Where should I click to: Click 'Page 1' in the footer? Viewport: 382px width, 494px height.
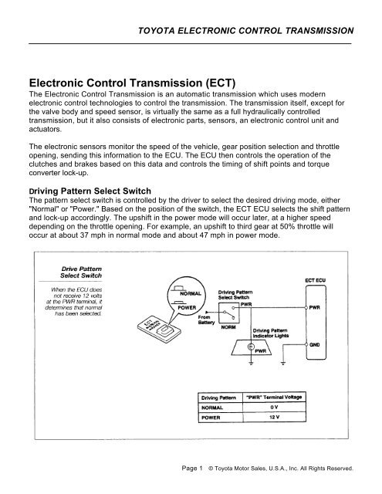click(190, 468)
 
